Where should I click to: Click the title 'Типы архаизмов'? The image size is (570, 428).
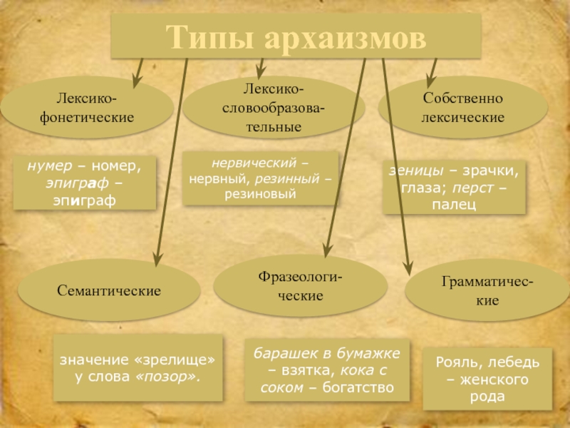click(296, 36)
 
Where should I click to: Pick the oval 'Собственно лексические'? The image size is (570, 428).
click(462, 107)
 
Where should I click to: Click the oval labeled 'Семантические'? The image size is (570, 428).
click(109, 290)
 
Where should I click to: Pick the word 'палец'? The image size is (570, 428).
click(454, 205)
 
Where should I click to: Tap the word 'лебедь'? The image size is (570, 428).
click(506, 362)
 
